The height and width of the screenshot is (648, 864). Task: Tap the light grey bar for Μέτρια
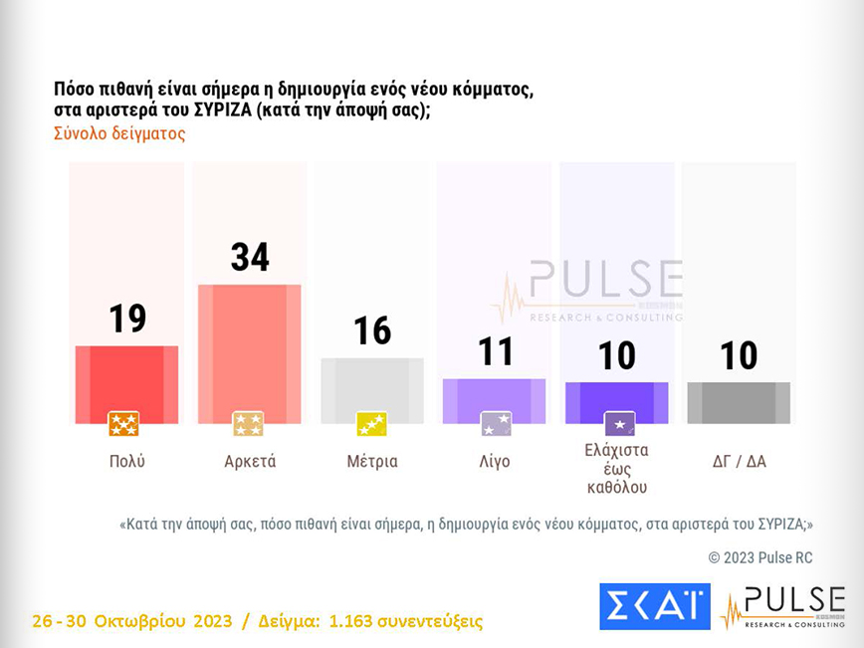tap(372, 390)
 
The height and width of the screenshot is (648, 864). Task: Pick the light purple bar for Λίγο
tap(495, 400)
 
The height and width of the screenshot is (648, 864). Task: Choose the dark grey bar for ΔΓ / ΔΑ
tap(739, 402)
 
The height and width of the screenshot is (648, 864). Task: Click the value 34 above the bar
tap(250, 257)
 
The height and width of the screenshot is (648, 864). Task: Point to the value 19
tap(126, 319)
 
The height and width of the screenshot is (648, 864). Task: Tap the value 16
tap(372, 330)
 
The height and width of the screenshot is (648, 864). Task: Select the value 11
tap(495, 351)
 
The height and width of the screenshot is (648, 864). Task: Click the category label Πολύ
tap(126, 462)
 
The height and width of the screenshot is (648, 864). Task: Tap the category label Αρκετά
tap(250, 462)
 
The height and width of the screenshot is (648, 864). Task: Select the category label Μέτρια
tap(372, 462)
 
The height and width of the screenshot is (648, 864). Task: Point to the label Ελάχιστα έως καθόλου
tap(617, 468)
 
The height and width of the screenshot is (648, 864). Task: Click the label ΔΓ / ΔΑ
tap(739, 462)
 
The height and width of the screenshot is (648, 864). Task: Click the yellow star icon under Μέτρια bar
tap(371, 425)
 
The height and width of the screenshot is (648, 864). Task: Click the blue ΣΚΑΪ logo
tap(654, 606)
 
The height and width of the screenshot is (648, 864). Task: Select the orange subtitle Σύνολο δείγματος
tap(119, 133)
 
